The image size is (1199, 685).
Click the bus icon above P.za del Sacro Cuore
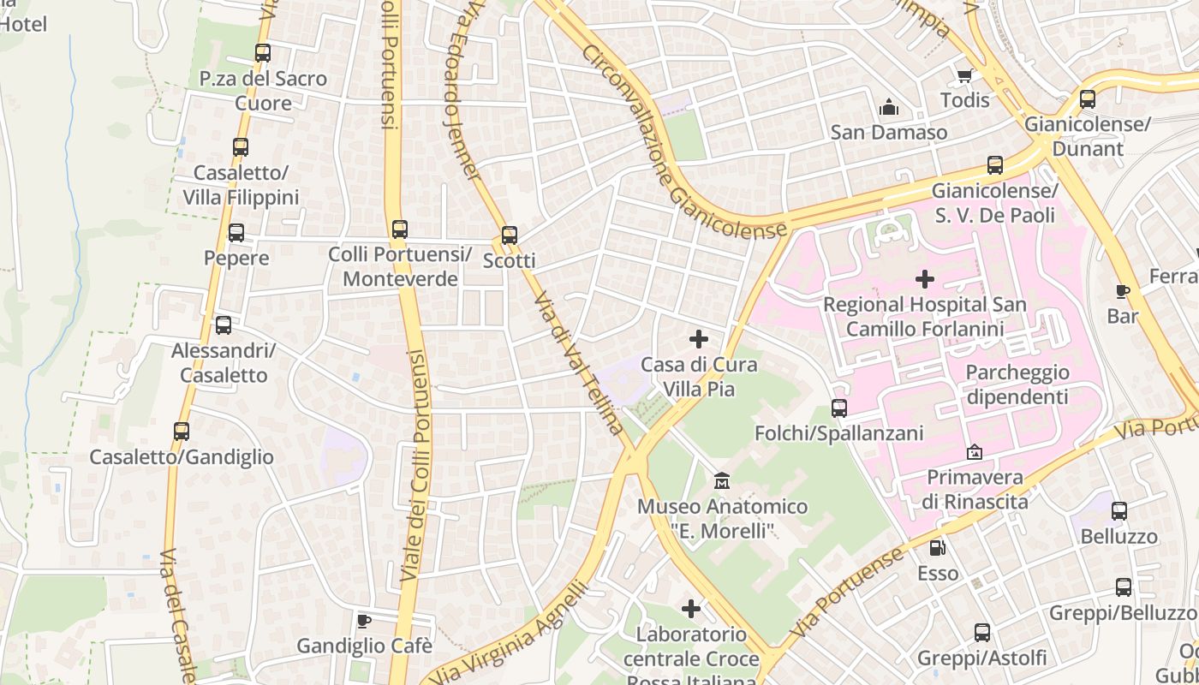263,53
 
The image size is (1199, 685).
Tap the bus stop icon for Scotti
510,235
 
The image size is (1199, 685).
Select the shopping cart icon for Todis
965,75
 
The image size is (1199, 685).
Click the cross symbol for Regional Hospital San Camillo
924,279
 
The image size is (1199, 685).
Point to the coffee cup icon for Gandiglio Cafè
364,620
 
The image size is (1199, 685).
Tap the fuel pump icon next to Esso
939,547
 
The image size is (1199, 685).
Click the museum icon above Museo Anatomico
722,481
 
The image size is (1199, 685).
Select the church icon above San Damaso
889,108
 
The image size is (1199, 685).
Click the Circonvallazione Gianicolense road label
683,142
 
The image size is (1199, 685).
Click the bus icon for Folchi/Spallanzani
839,408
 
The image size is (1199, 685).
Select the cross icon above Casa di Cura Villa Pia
699,339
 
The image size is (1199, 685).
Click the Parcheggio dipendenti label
1017,384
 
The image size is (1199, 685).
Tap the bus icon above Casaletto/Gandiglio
182,432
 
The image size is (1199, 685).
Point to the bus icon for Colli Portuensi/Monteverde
400,229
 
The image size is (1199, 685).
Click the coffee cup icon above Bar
1123,291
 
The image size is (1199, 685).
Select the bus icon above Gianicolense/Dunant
1088,99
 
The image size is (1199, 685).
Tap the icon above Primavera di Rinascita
975,451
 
